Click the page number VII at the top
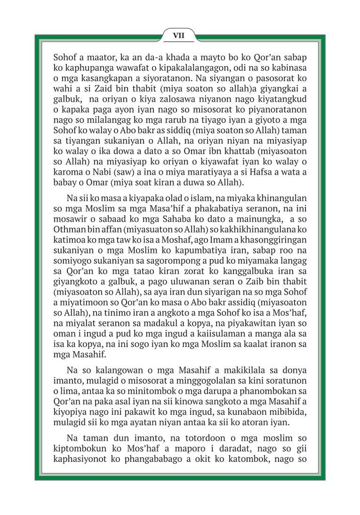(180, 35)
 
